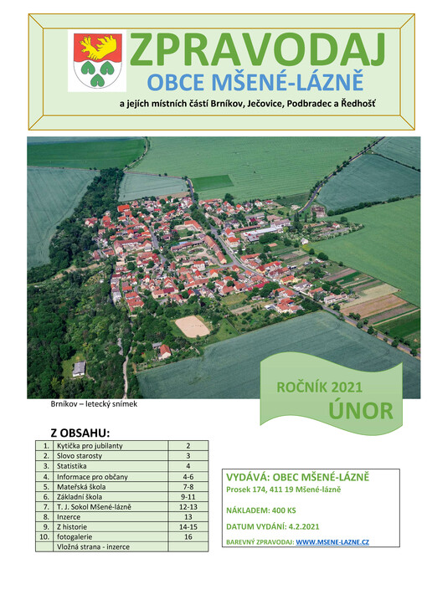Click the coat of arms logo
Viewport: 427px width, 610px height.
coord(99,61)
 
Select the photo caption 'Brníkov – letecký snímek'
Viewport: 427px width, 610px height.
coord(94,404)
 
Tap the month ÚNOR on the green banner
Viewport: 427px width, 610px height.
coord(360,410)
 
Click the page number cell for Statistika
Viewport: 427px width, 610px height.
coord(188,466)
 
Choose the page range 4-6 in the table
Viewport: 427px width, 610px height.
coord(188,476)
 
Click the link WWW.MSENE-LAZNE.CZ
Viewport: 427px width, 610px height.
coord(332,542)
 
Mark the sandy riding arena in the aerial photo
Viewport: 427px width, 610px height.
coord(193,326)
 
